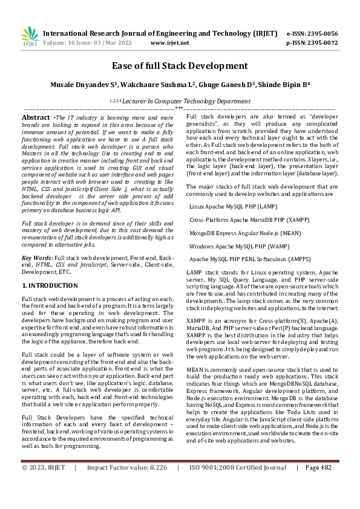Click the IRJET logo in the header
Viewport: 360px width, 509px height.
coord(30,37)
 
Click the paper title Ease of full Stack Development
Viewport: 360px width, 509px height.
coord(180,65)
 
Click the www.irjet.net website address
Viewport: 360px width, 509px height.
coord(169,43)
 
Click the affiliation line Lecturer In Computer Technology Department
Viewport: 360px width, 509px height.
coord(180,102)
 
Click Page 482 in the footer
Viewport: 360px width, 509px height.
coord(318,484)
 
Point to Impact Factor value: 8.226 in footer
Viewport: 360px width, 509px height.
coord(126,484)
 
